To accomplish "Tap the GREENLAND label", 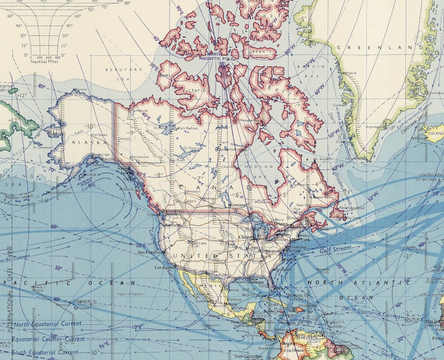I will [x=386, y=48].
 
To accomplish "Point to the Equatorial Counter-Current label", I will [x=49, y=339].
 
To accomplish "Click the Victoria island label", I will [x=197, y=90].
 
